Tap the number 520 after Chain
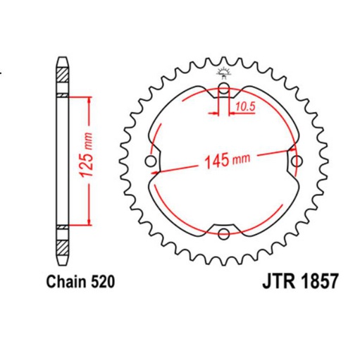pos(100,281)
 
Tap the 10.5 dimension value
pos(245,107)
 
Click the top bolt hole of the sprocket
pos(223,89)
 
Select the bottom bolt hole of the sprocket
pos(223,234)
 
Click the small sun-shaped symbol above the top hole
pos(223,71)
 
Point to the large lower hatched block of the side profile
pos(62,249)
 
